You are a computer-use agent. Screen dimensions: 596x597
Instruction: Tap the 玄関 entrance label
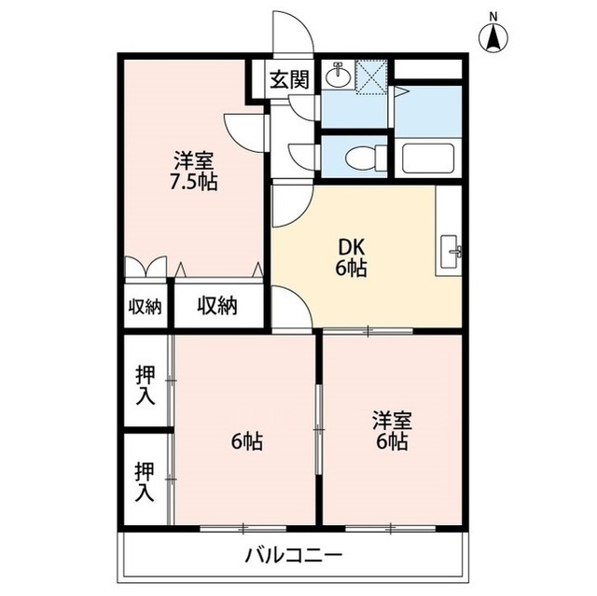tap(290, 78)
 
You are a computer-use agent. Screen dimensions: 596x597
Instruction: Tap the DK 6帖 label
tap(351, 258)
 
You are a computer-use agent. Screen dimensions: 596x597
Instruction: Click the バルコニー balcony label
tap(294, 557)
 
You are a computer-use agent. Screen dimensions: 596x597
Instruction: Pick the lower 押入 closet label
tap(146, 482)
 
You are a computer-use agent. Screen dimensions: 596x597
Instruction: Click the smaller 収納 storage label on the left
tap(145, 307)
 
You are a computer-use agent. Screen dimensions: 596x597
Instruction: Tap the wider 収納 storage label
tap(217, 306)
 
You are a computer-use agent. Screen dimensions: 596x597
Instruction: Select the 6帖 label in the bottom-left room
tap(246, 441)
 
